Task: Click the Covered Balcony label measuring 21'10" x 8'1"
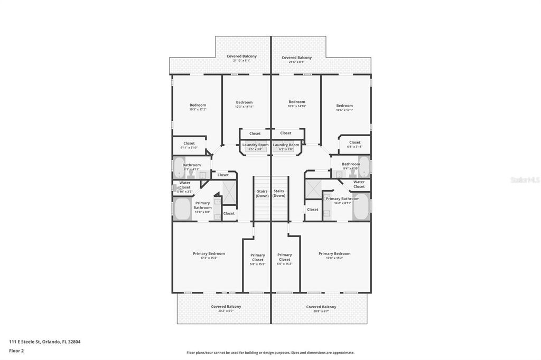241,58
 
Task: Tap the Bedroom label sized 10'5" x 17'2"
198,107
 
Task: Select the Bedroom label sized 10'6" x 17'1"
344,108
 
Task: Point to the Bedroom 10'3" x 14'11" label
244,105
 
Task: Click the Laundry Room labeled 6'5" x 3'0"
255,147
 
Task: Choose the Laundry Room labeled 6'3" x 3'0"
286,147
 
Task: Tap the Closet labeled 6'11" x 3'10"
189,145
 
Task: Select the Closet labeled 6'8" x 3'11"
355,144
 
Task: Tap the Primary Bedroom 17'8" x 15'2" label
334,255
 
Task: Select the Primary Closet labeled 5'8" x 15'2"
257,259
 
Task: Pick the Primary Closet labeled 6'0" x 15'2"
284,259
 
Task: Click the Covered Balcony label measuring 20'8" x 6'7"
321,309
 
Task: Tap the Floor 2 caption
16,350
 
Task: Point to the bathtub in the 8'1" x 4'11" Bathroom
180,168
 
